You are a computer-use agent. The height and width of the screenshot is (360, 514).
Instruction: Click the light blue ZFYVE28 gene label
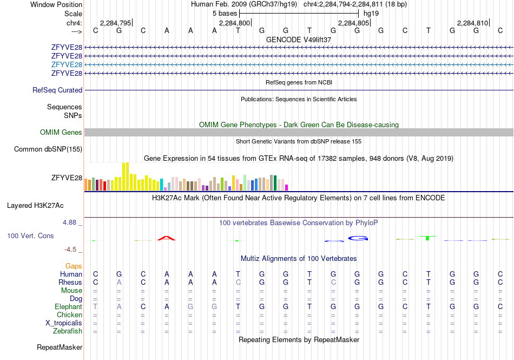(67, 64)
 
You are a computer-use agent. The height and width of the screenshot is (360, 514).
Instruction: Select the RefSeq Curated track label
(57, 90)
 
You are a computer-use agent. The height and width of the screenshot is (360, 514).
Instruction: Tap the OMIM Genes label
(61, 133)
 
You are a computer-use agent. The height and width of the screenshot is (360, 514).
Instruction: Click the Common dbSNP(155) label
(48, 149)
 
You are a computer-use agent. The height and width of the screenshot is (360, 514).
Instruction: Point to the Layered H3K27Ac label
(35, 206)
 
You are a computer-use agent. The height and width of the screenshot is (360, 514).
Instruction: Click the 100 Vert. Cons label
(30, 235)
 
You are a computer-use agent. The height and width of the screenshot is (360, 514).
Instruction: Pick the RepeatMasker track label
(60, 347)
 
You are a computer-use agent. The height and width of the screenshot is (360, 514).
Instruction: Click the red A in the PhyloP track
(167, 238)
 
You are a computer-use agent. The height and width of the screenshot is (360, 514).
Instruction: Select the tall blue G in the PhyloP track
(358, 238)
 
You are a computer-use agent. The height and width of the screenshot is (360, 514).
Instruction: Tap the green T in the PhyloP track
(427, 238)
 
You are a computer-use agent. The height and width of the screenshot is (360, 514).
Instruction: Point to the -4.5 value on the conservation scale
(70, 250)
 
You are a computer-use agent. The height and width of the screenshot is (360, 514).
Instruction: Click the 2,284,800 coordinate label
(234, 23)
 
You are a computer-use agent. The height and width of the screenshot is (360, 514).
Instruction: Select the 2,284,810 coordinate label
(473, 23)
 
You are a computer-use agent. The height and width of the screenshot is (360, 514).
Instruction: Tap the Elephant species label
(68, 306)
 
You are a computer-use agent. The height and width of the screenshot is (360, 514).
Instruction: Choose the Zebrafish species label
(68, 331)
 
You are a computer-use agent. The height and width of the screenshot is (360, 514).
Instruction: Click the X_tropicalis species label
(64, 323)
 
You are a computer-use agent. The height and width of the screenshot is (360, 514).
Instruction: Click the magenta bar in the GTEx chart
(286, 188)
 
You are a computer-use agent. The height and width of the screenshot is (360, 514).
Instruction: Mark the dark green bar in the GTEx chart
(275, 183)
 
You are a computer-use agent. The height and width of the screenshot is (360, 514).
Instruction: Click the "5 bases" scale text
(225, 14)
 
